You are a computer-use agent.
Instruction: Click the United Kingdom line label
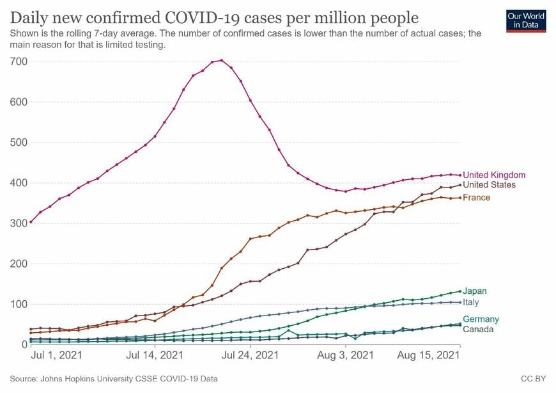pos(494,175)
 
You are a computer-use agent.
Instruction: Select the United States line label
pos(490,185)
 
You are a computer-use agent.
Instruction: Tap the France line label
pos(477,198)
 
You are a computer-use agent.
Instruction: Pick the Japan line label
pos(475,291)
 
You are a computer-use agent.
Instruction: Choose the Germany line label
pos(481,319)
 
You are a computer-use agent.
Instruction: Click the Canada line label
pos(478,330)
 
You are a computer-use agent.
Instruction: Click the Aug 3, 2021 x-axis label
pos(346,354)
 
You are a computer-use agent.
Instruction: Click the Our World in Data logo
pos(525,20)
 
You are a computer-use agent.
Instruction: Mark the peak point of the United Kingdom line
pos(221,61)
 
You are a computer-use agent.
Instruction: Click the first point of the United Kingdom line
pos(31,222)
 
